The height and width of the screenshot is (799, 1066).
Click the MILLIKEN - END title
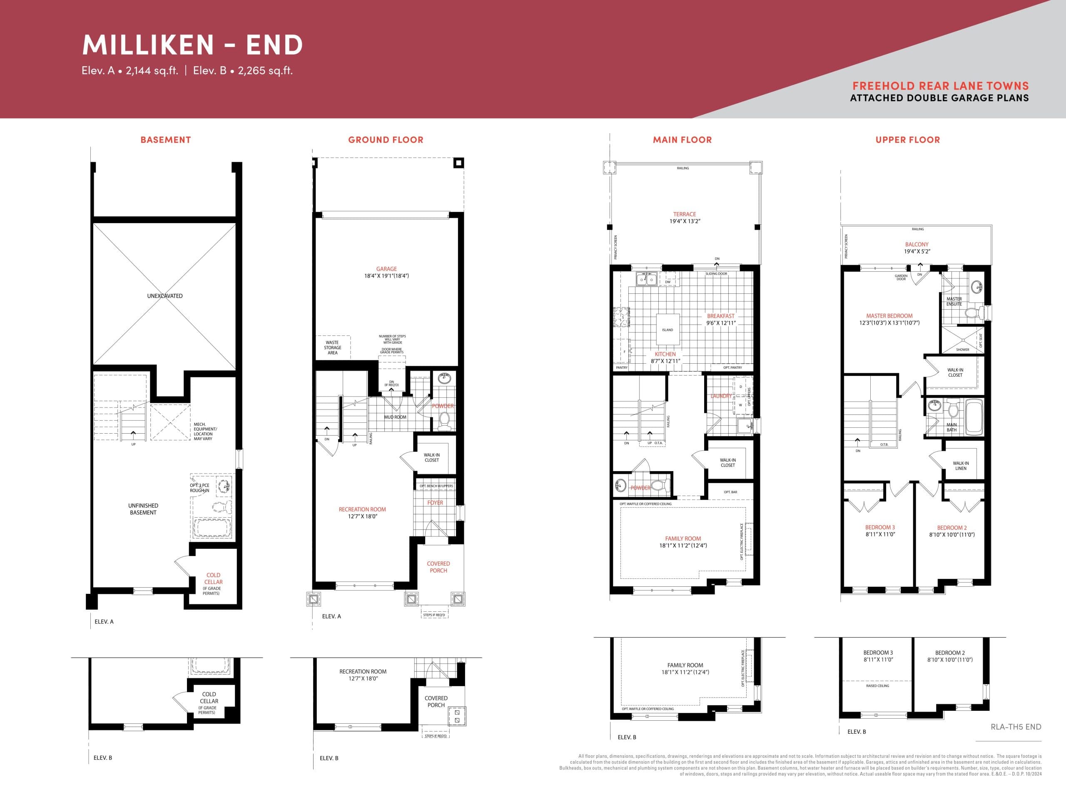(x=192, y=45)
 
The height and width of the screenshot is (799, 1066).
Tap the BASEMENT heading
(x=165, y=140)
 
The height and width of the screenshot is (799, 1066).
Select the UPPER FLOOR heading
(x=907, y=140)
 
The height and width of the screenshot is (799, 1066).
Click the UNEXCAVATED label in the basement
(x=165, y=296)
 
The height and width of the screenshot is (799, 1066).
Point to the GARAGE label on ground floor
(x=386, y=269)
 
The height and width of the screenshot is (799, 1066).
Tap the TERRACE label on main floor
(x=684, y=214)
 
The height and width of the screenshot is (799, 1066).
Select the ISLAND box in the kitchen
(x=667, y=330)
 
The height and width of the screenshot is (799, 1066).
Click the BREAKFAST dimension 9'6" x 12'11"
(x=721, y=323)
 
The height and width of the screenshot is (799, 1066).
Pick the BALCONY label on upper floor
(x=917, y=244)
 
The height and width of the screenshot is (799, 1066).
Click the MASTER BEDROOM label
(x=889, y=316)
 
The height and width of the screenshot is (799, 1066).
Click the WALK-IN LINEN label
(x=961, y=466)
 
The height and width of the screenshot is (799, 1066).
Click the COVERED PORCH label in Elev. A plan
(x=438, y=567)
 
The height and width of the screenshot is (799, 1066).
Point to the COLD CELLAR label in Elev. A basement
(x=213, y=578)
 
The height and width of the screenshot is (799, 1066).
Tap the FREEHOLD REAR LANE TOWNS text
(x=940, y=86)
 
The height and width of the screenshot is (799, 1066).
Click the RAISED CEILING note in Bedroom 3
(x=877, y=686)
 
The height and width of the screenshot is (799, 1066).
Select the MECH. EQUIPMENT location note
(x=205, y=432)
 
